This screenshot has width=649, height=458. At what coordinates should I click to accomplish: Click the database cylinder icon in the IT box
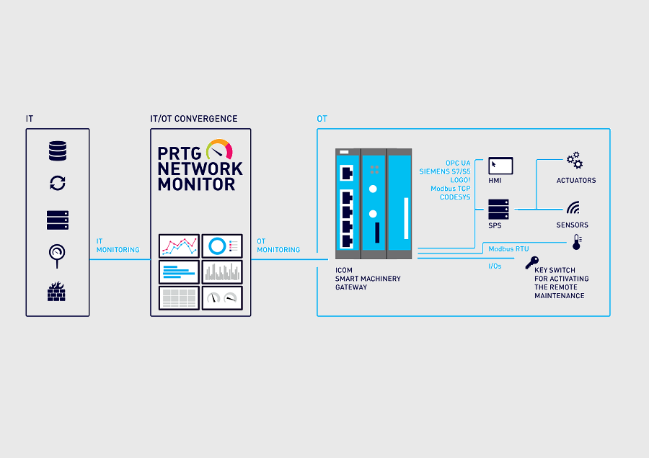tap(58, 151)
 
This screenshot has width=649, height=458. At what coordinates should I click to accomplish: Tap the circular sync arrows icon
tap(58, 183)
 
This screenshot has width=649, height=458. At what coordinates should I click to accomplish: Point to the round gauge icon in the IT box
tap(57, 254)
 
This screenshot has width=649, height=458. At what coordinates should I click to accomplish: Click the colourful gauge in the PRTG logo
tap(219, 150)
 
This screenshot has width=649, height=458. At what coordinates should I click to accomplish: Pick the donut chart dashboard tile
tap(222, 246)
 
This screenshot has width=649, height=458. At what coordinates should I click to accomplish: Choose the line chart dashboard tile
tap(179, 246)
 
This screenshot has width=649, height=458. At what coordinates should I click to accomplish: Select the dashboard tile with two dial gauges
tap(222, 297)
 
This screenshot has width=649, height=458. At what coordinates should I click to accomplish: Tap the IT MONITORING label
tap(118, 246)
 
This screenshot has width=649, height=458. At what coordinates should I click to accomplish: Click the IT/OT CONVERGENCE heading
tap(193, 119)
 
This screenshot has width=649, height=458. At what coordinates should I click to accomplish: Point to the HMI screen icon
tap(500, 166)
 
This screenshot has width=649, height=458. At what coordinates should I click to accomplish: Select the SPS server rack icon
tap(499, 210)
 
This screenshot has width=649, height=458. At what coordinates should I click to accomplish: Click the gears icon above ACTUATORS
tap(574, 160)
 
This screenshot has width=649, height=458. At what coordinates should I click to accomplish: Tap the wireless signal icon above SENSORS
tap(573, 208)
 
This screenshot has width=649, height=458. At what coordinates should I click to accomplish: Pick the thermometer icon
tap(576, 243)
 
